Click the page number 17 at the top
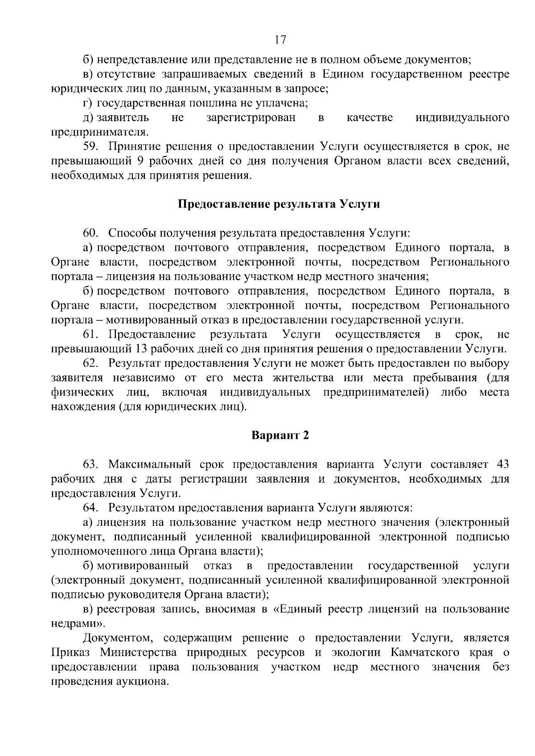point(280,40)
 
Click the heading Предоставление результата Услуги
point(279,204)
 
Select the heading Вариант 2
point(280,435)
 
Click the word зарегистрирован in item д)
point(251,118)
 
